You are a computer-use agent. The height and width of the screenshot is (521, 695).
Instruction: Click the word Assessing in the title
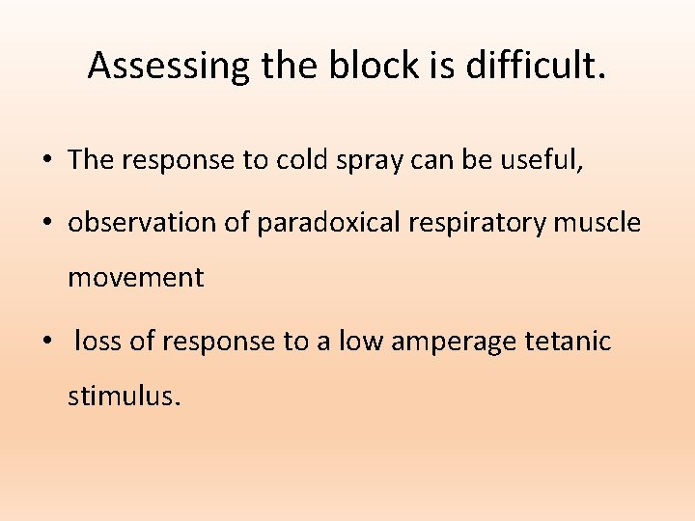168,66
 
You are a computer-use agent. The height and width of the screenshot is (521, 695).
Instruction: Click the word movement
135,279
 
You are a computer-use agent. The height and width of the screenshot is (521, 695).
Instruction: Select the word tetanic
573,341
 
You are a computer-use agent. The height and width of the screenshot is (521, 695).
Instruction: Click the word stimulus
124,397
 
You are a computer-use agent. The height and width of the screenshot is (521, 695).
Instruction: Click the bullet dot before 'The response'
47,161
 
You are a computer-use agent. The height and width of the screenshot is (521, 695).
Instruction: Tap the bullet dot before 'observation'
47,224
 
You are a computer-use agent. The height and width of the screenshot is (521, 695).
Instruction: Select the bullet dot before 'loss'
47,342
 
